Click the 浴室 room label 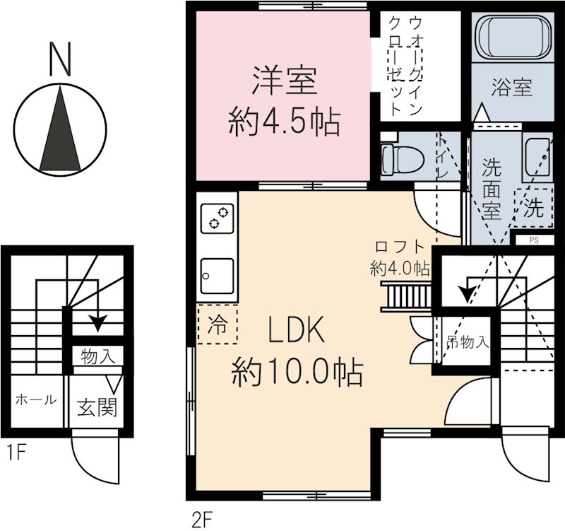(512, 88)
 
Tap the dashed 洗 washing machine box (533, 207)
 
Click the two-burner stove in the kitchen (217, 218)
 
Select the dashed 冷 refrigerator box (217, 325)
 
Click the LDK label (296, 330)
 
